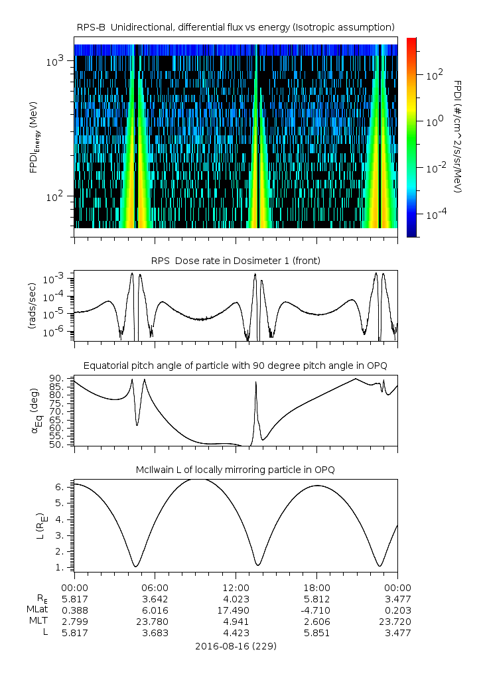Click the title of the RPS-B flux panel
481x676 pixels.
coord(236,27)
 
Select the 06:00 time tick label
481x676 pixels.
coord(155,588)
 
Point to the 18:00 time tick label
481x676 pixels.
coord(316,588)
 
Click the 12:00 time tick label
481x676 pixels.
coord(236,588)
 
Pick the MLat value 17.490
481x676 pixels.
coord(236,610)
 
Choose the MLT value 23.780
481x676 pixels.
coord(155,622)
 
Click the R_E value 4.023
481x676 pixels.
coord(236,598)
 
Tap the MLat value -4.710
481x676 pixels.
coord(316,610)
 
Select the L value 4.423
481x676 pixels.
coord(236,633)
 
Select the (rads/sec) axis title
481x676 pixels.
coord(32,305)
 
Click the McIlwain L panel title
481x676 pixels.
coord(236,470)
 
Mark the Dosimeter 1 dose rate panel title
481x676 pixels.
coord(236,261)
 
